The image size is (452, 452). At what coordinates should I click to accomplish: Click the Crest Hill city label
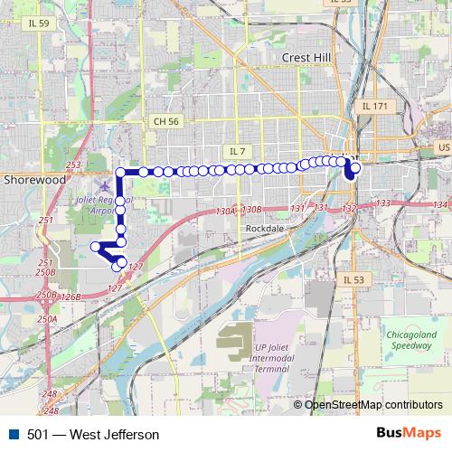point(307,57)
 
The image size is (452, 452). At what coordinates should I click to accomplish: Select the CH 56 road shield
point(166,120)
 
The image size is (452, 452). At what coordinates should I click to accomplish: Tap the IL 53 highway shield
point(353,280)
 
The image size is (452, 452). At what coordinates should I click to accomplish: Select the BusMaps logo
point(408,434)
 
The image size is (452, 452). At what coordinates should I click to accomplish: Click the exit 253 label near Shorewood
point(73,164)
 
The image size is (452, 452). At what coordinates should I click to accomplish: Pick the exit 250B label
point(46,272)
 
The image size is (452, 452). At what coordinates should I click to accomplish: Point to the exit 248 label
point(49,394)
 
